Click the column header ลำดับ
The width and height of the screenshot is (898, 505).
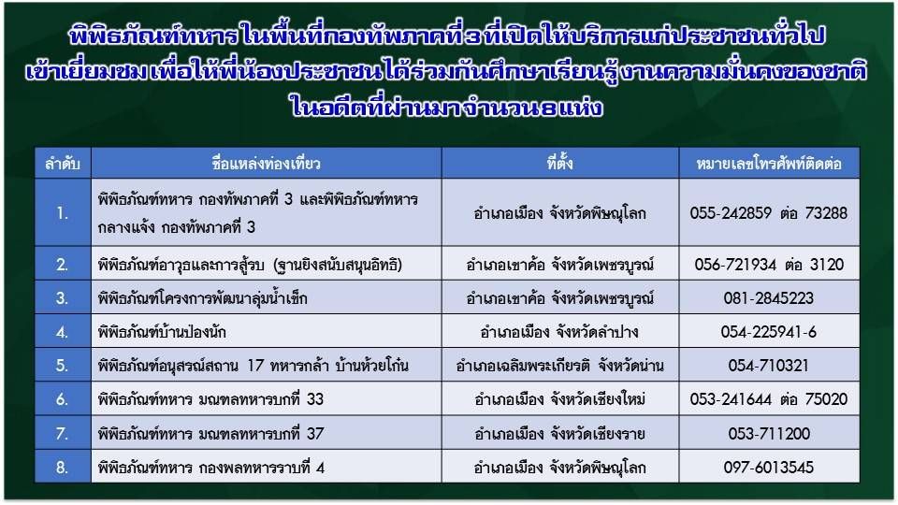point(63,164)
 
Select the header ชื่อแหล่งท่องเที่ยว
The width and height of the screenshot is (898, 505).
point(266,164)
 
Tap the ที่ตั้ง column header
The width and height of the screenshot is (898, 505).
point(559,164)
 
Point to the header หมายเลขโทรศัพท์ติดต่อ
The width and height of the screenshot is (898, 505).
point(769,165)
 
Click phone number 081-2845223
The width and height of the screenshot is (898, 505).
point(769,298)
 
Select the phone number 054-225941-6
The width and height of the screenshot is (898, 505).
point(769,332)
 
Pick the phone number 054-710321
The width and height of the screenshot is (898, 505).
point(769,366)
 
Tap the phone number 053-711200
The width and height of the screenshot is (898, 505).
point(769,434)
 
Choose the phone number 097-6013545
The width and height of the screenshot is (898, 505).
point(769,468)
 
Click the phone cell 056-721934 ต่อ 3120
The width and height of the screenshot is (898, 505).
point(769,265)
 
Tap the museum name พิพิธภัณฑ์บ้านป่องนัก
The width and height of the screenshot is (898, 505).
point(162,332)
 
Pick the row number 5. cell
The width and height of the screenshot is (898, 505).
point(62,366)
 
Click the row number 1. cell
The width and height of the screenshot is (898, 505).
point(62,213)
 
